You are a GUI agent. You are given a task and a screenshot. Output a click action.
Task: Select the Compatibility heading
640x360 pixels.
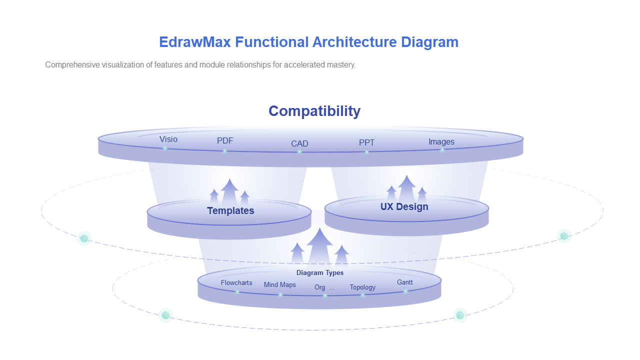pos(314,111)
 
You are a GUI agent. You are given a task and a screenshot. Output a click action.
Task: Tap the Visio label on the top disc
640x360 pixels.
pos(168,139)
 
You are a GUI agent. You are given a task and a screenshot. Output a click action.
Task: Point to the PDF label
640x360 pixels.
pos(225,141)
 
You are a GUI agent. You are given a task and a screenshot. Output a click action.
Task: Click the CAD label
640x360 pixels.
pos(299,143)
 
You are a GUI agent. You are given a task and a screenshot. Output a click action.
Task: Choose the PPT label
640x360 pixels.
pos(366,142)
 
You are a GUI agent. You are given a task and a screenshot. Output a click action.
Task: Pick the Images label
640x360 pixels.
pos(441,142)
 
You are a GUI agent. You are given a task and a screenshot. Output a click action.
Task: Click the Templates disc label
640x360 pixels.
pos(230,211)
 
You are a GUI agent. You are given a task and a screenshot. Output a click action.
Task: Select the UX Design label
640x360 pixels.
pos(404,206)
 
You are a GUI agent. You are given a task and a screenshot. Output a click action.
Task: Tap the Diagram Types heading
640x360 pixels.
pos(320,273)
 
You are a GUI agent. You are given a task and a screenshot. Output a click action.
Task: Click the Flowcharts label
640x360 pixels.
pos(236,283)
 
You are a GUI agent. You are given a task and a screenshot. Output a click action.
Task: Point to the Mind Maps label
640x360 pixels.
pos(279,285)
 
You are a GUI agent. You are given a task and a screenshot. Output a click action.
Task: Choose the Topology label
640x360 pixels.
pos(362,287)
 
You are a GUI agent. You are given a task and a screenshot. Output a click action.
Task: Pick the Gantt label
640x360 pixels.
pos(405,282)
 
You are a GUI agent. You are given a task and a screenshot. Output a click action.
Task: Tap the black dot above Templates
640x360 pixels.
pos(228,177)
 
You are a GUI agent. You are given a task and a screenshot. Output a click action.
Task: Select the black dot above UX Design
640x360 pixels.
pos(408,173)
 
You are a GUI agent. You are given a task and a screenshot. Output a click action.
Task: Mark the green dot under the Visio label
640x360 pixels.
pos(165,148)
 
